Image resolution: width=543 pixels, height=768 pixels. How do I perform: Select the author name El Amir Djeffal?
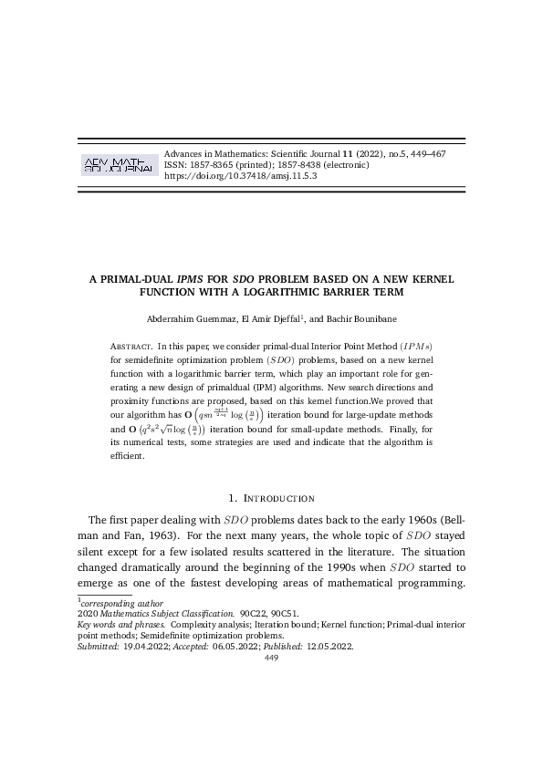(272, 319)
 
